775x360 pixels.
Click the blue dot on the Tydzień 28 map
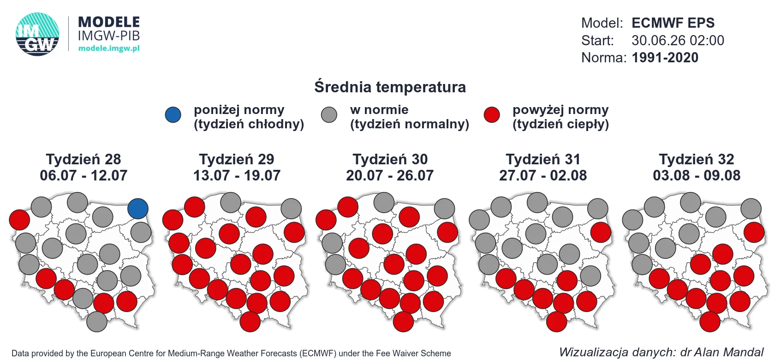(137, 209)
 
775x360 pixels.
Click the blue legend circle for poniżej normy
(173, 115)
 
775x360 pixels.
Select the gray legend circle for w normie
(329, 115)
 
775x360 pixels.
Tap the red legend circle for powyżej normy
(492, 115)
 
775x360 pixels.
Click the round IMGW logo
(37, 34)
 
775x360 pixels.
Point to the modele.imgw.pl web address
(109, 48)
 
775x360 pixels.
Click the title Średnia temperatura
(390, 87)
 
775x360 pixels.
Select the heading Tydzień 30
(390, 159)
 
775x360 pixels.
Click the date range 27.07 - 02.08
(543, 175)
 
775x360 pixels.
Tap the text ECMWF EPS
(673, 23)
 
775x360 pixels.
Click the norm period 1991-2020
(665, 57)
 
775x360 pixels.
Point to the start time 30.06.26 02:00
(678, 41)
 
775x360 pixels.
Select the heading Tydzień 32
(697, 159)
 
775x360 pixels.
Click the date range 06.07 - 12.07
(83, 175)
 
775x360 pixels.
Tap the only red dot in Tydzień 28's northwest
(19, 220)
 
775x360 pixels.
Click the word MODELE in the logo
(109, 22)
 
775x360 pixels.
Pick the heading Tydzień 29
(237, 159)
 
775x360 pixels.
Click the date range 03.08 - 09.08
(697, 175)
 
